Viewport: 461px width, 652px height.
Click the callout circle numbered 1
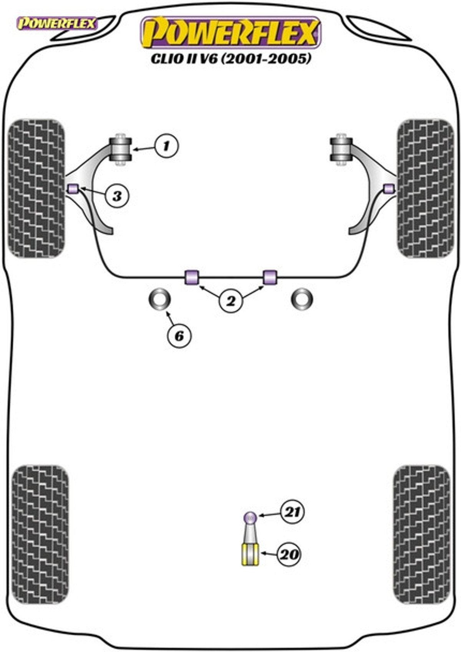(166, 146)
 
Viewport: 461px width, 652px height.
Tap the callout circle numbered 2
(231, 301)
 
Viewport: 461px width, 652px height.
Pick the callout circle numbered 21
(292, 512)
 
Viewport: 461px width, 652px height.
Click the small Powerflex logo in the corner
(57, 23)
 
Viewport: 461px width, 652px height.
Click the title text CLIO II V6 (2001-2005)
(230, 58)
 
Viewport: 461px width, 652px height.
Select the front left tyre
(36, 189)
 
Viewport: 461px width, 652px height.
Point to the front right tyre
(425, 189)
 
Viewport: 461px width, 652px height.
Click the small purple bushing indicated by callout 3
(73, 189)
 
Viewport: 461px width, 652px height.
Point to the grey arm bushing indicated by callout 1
(121, 149)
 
